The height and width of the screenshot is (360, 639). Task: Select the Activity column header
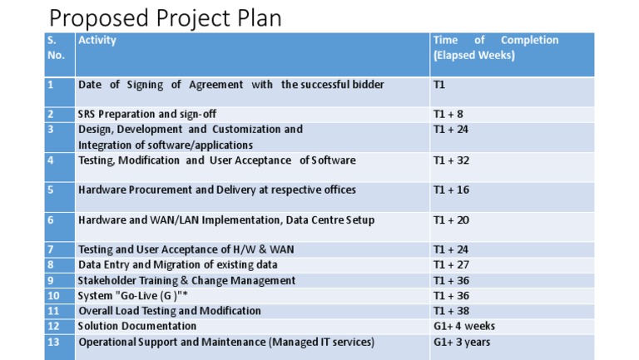[97, 40]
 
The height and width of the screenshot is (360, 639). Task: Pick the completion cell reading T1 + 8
[448, 114]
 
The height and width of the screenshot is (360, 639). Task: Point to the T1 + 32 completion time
[451, 160]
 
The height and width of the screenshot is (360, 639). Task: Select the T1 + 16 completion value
[451, 190]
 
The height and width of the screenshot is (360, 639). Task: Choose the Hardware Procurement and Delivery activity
[216, 190]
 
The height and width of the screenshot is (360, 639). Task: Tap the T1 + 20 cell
[451, 220]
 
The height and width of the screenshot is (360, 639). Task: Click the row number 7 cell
[52, 249]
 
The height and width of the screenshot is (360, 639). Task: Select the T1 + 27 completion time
[451, 264]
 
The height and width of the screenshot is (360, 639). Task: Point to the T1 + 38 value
[451, 311]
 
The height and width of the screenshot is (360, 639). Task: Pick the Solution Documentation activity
[137, 326]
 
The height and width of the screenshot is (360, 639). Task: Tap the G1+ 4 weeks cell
[464, 326]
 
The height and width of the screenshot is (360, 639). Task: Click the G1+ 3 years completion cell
[463, 342]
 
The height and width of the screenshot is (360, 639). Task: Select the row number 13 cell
[54, 342]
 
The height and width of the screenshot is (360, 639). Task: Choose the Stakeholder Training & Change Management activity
[186, 280]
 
